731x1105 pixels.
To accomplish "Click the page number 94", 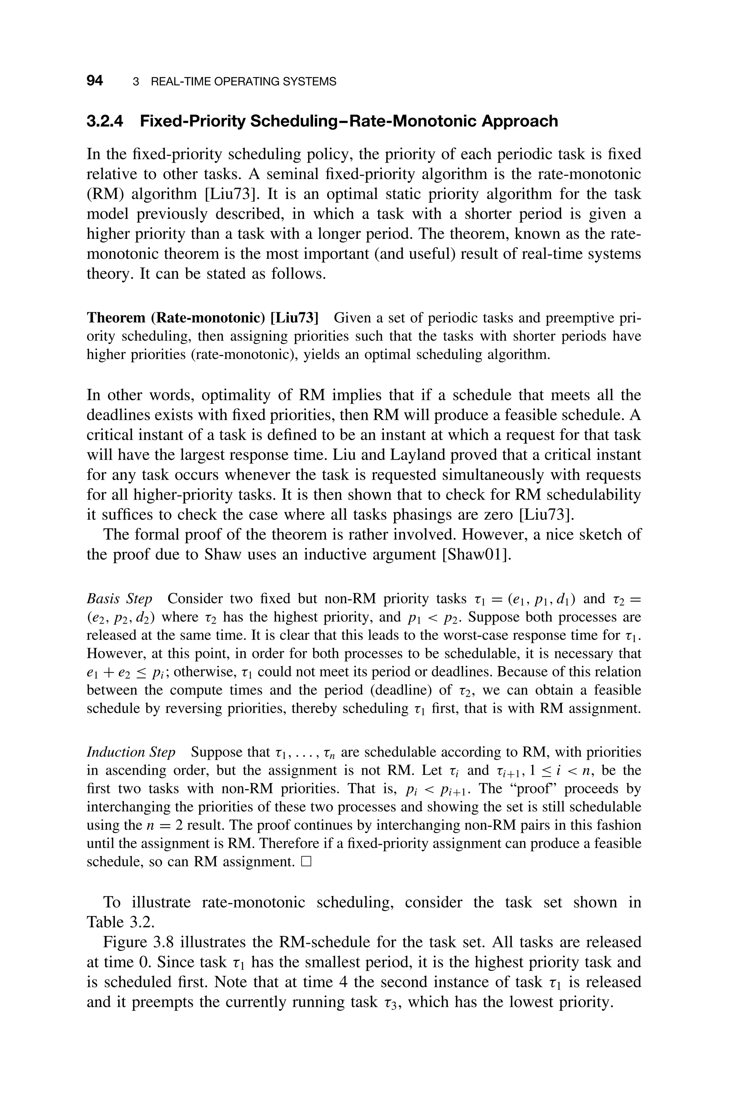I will tap(95, 81).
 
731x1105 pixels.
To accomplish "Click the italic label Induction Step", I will tap(131, 752).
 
